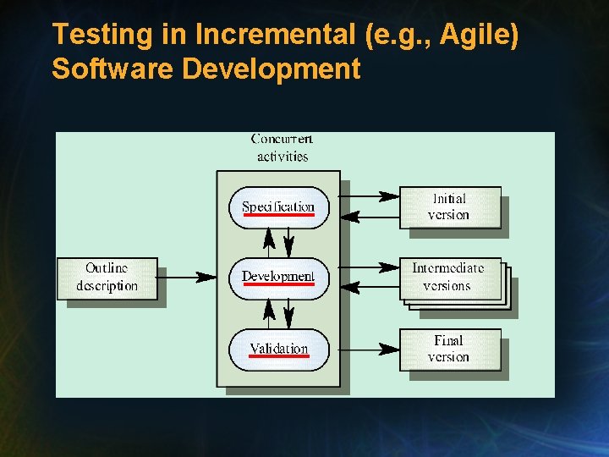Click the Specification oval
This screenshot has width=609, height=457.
coord(278,206)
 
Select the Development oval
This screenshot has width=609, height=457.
coord(278,277)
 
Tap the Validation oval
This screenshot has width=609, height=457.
coord(278,348)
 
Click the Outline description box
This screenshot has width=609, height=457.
coord(107,278)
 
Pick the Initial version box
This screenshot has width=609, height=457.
coord(449,206)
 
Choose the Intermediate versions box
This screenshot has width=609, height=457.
coord(449,278)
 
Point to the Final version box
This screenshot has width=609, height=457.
coord(449,349)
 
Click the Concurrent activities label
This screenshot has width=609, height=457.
coord(282,147)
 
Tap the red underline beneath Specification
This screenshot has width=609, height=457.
coord(278,215)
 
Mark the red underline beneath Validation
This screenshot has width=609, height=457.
coord(279,356)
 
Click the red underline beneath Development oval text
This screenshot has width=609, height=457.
coord(278,284)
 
